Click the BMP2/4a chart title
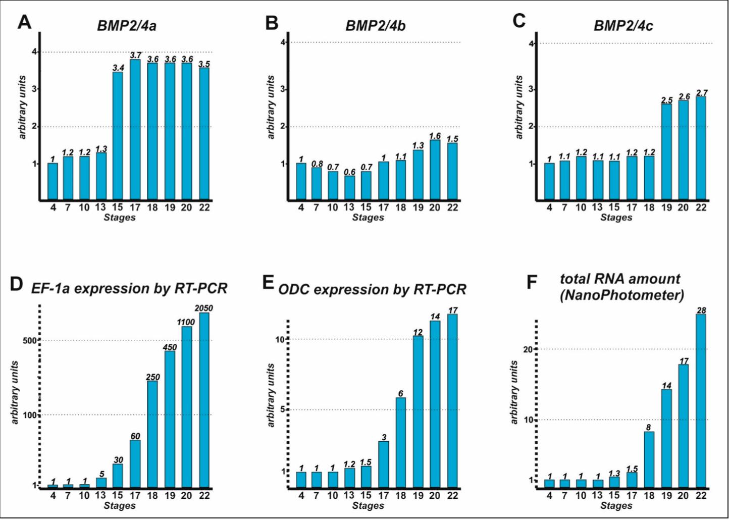click(x=127, y=26)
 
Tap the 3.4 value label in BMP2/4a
click(x=118, y=68)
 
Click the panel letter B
click(x=272, y=23)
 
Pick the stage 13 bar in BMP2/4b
click(x=349, y=188)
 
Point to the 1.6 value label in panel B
click(x=435, y=136)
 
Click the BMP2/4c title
click(x=623, y=26)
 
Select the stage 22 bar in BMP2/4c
click(x=701, y=148)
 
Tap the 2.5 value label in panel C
click(x=666, y=100)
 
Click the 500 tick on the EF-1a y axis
click(x=29, y=340)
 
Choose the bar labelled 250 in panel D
click(x=152, y=434)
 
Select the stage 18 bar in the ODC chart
click(x=401, y=443)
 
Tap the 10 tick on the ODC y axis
click(x=280, y=339)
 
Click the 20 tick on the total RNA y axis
click(x=528, y=349)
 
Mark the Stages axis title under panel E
click(x=368, y=506)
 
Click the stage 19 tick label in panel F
click(x=666, y=496)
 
